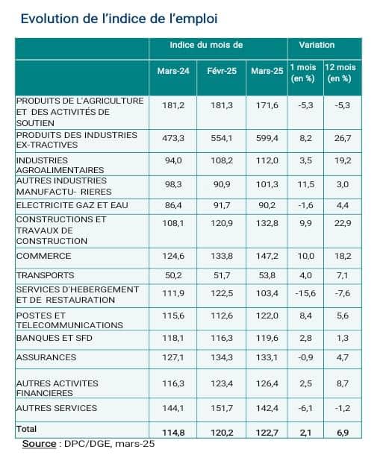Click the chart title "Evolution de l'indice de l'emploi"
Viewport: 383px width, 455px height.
pos(119,19)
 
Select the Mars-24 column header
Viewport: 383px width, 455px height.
pos(173,71)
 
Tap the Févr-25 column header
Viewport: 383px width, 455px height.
pos(222,71)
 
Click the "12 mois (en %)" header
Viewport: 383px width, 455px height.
pos(340,73)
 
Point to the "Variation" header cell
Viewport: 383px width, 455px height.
pos(317,45)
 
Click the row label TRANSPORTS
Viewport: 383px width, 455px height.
pos(46,275)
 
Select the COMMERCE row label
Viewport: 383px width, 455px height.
pos(43,256)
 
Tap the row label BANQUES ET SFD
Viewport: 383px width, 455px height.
pos(55,338)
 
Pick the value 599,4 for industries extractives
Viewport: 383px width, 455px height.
pos(267,138)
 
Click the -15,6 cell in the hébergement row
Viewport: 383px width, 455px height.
pos(305,293)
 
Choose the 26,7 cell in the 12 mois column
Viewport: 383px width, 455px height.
pos(343,138)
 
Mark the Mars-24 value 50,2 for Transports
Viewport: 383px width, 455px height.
pos(173,275)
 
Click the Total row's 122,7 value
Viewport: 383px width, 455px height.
pos(267,433)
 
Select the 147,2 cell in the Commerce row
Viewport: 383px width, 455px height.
pos(267,256)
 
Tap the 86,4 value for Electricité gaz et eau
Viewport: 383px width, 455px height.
pos(173,205)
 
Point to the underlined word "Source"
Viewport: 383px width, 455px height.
pos(40,444)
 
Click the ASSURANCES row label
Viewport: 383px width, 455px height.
pos(46,357)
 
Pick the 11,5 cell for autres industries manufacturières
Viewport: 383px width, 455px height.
pos(306,184)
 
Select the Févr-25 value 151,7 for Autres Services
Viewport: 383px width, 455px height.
pos(222,408)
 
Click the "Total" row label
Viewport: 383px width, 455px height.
pos(26,429)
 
